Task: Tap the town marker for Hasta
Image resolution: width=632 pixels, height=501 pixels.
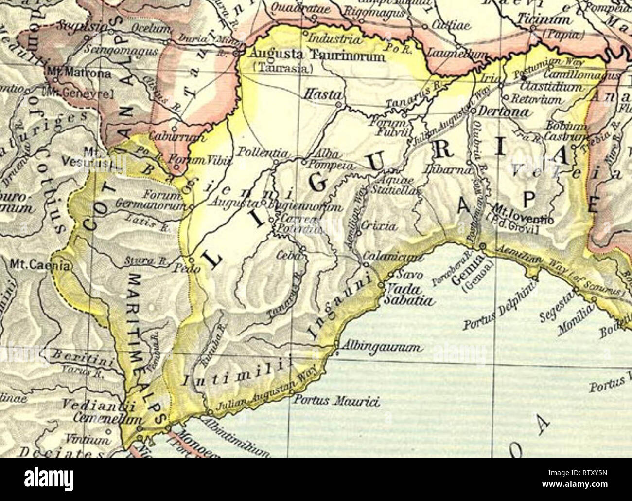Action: tap(339, 104)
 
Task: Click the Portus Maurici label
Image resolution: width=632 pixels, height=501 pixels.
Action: tap(336, 402)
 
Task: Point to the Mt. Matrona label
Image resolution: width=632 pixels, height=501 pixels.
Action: tap(73, 74)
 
